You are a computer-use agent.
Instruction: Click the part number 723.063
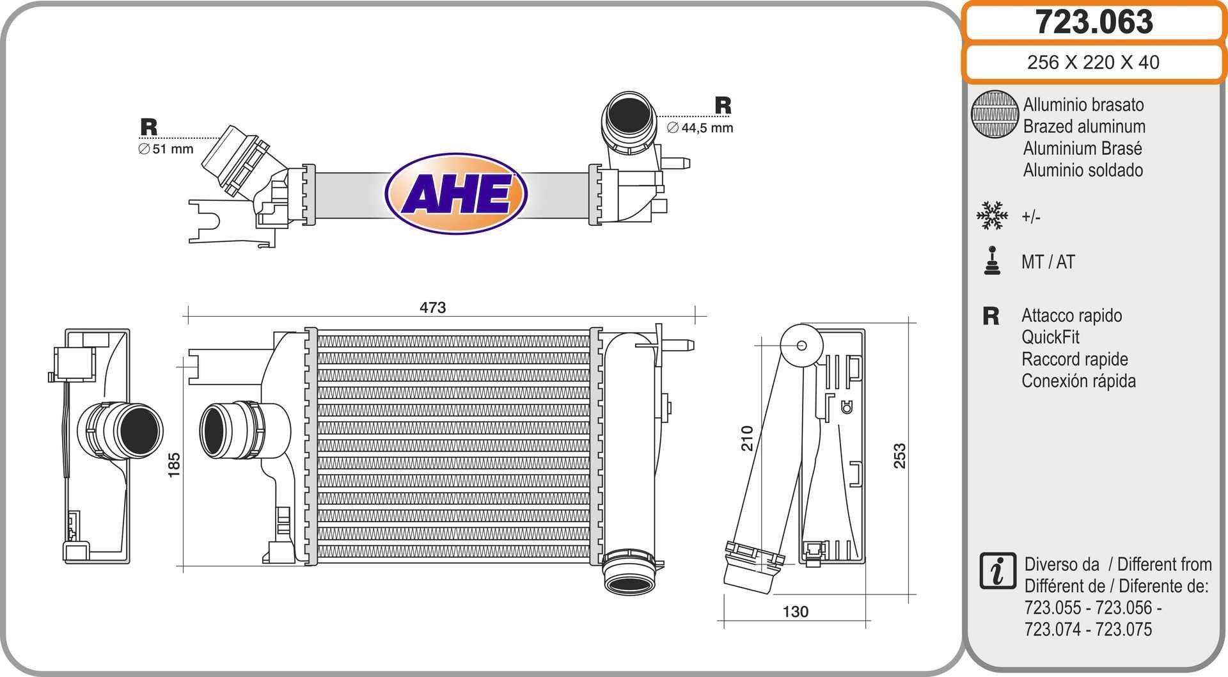pos(1094,22)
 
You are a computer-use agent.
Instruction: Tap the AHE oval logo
pos(456,193)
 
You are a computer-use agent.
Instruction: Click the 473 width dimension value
pos(432,307)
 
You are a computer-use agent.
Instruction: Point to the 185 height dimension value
pos(174,465)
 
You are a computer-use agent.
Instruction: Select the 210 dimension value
pos(747,438)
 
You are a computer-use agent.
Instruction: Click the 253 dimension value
pos(899,456)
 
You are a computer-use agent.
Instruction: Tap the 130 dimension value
pos(795,612)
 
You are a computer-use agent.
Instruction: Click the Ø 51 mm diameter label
pos(166,149)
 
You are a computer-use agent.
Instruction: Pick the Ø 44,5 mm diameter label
pos(700,128)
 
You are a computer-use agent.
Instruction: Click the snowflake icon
pos(992,216)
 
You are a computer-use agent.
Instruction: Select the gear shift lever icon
pos(992,261)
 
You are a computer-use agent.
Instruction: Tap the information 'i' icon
pos(997,571)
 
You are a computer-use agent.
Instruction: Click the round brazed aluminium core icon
pos(994,114)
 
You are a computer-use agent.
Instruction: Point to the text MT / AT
pos(1048,262)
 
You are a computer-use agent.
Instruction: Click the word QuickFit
pos(1050,337)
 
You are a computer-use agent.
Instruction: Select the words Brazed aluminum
pos(1083,127)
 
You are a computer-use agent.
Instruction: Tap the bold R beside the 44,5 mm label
pos(723,106)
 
